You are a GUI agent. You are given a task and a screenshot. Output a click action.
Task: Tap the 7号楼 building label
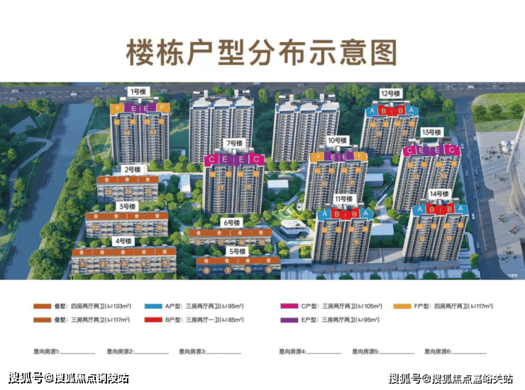click(x=233, y=143)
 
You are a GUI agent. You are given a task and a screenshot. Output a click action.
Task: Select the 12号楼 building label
click(x=390, y=94)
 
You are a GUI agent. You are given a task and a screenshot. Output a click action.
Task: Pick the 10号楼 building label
click(x=337, y=140)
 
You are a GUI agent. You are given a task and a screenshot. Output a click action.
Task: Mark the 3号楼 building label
click(x=127, y=206)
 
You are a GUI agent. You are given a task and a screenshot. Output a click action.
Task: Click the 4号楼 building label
click(x=123, y=241)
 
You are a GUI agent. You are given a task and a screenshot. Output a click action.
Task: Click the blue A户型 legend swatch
click(x=153, y=306)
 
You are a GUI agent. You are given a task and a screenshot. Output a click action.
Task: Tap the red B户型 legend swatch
click(x=153, y=320)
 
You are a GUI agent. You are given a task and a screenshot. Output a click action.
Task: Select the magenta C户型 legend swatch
click(x=289, y=306)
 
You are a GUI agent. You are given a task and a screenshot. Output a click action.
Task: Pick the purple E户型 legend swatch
click(x=289, y=320)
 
